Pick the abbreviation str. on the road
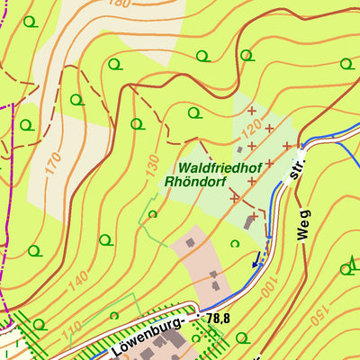[x=292, y=172]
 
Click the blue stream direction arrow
[x=256, y=261]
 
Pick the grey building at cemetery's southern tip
[x=249, y=221]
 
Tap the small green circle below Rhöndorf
[x=152, y=214]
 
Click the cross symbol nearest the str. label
[x=287, y=145]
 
